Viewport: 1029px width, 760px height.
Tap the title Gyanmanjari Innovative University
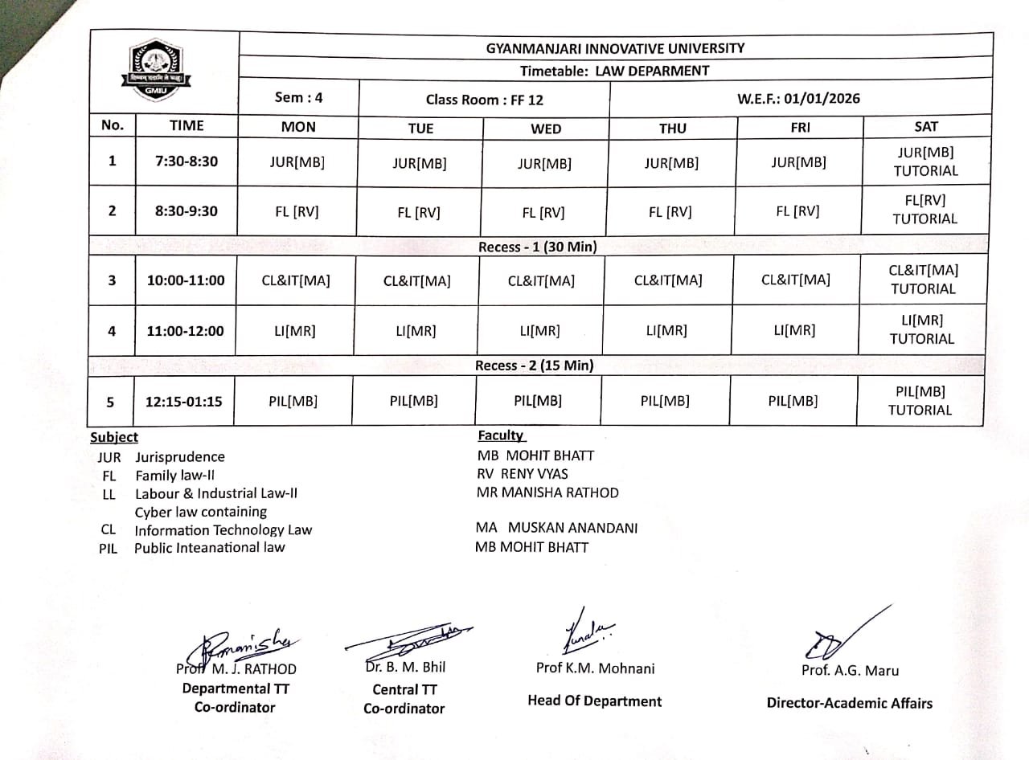[615, 48]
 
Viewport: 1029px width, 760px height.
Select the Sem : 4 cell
[298, 98]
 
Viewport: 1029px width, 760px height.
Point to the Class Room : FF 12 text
[484, 100]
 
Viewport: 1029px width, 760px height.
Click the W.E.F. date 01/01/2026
[798, 99]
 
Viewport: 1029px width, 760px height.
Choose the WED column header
[546, 129]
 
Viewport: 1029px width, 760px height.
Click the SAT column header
[925, 126]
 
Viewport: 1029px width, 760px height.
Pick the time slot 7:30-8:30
[187, 161]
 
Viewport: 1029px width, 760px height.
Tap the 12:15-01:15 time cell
[183, 402]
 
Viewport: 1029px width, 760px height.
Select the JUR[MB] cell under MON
[297, 161]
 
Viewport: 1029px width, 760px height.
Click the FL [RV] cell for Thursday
[670, 212]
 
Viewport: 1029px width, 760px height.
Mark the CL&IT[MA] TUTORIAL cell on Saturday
[924, 280]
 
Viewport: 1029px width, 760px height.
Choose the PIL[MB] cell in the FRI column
[793, 401]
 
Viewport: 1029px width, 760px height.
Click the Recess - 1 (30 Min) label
[537, 247]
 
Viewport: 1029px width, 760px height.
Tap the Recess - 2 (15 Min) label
[534, 366]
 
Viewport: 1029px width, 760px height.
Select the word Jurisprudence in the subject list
[180, 457]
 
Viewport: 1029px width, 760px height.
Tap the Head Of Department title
[594, 701]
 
